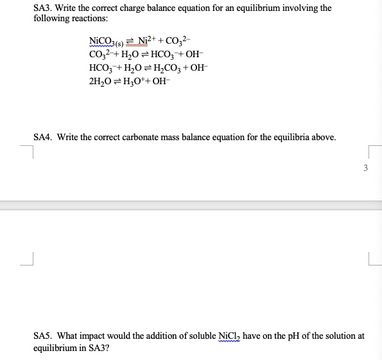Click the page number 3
point(365,168)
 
